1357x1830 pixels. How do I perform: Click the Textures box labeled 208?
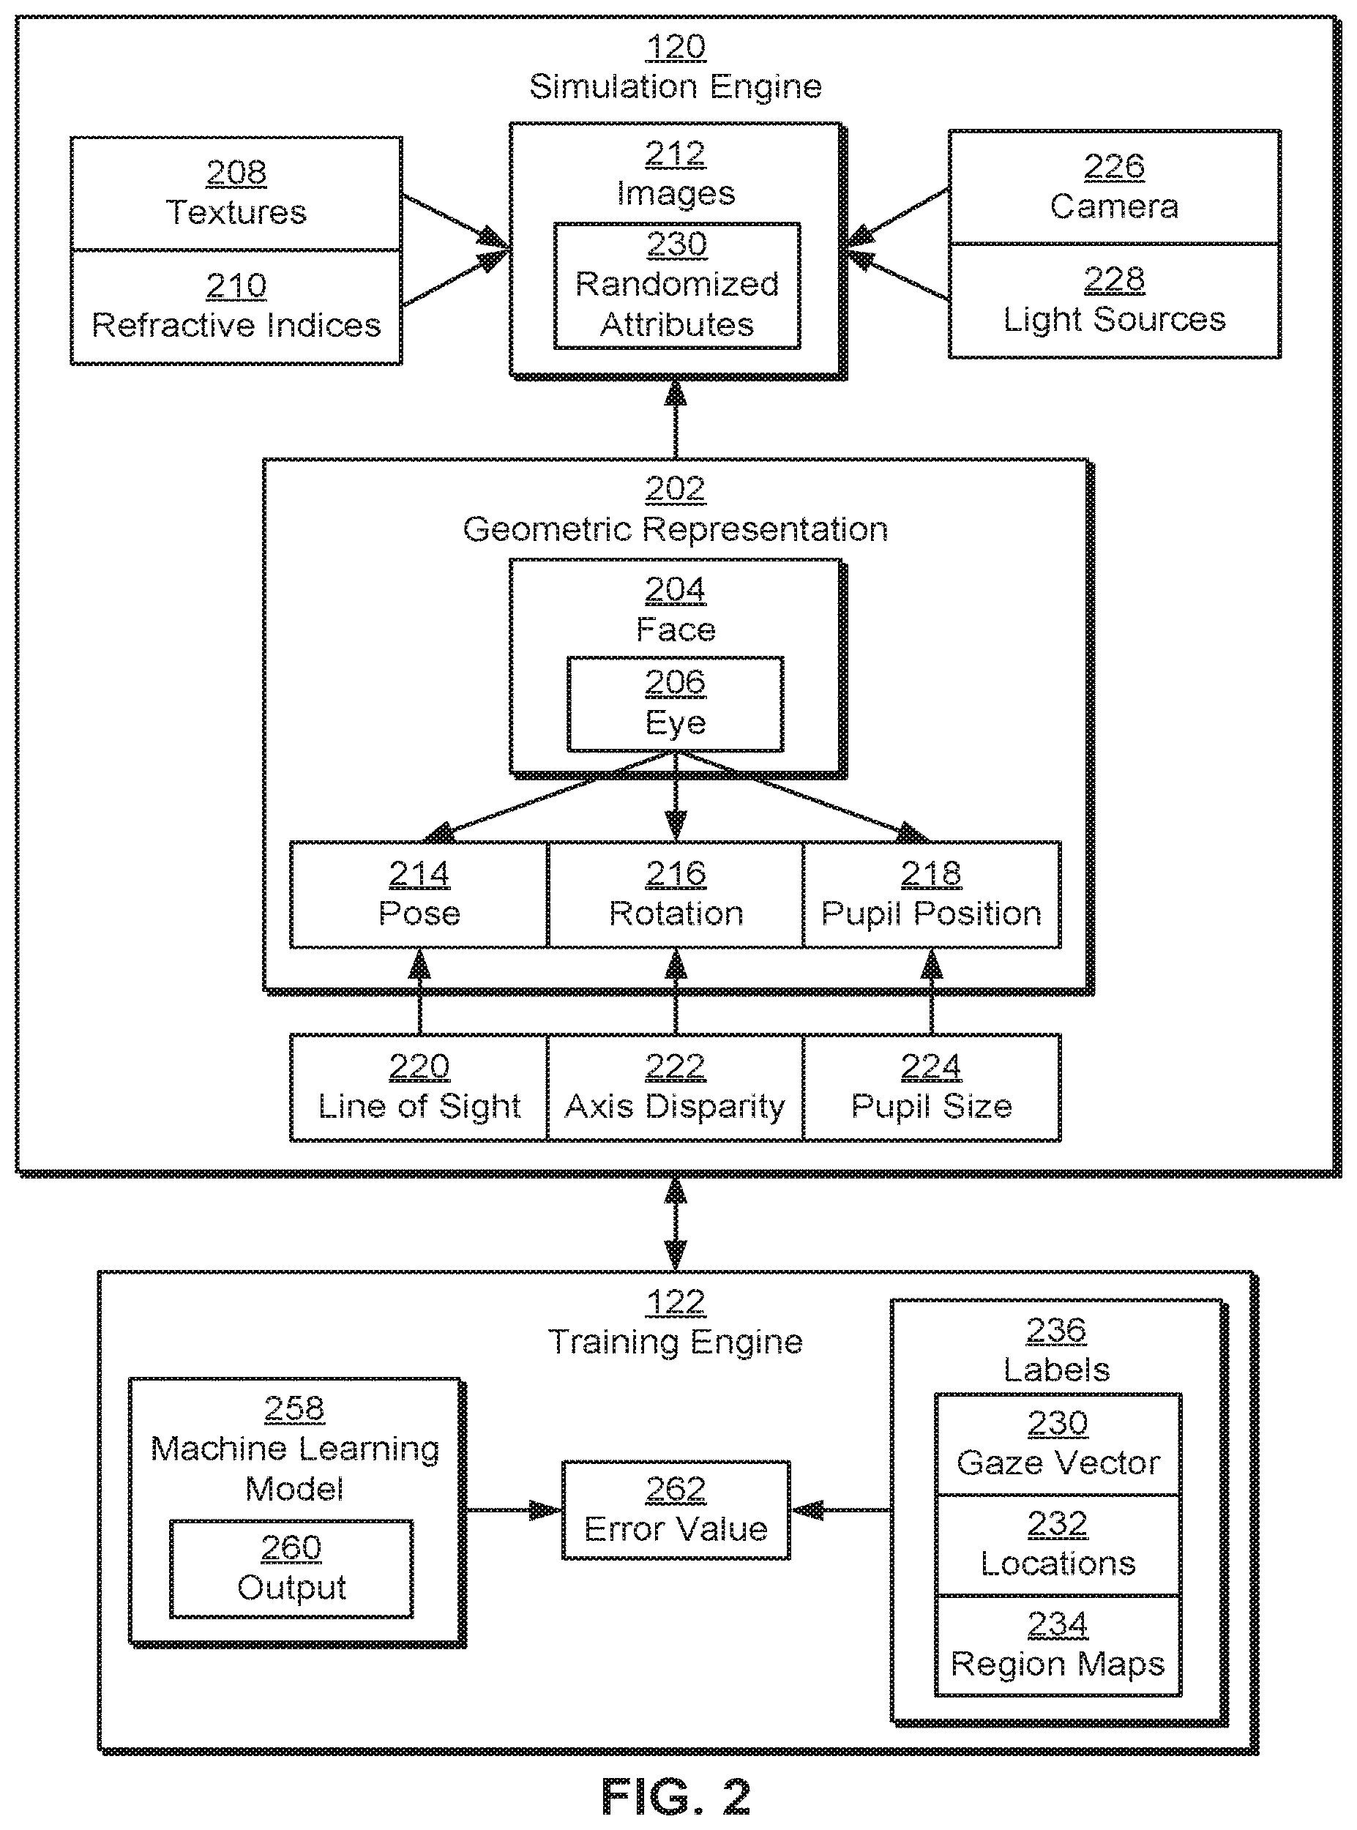tap(236, 194)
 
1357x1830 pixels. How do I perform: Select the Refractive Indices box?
tap(236, 307)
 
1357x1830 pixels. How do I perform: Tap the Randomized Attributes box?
tap(677, 285)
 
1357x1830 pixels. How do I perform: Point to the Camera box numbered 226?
tap(1115, 187)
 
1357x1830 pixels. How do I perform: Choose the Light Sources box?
tap(1115, 301)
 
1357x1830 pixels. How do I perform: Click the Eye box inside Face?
tap(676, 704)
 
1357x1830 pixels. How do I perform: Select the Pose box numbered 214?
tap(419, 895)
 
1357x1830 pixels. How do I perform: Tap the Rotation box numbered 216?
tap(676, 895)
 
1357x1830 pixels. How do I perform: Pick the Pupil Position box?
tap(932, 895)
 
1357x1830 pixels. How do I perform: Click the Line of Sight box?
tap(419, 1088)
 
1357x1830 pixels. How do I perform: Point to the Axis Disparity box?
tap(676, 1088)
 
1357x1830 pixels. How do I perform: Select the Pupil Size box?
tap(932, 1088)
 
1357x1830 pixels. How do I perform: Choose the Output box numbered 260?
tap(291, 1569)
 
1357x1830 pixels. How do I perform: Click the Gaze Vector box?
tap(1058, 1445)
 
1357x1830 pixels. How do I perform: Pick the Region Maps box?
tap(1058, 1646)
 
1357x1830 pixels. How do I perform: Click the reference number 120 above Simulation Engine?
tap(676, 47)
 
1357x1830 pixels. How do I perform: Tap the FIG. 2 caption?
tap(676, 1798)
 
